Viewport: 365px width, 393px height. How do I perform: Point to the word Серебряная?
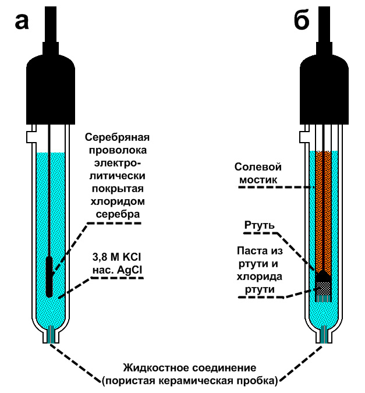point(118,138)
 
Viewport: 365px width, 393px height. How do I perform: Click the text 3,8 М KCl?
point(117,257)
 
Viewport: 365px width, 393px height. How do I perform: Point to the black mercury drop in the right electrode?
point(324,274)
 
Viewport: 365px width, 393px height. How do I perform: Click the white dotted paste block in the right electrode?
point(324,287)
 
